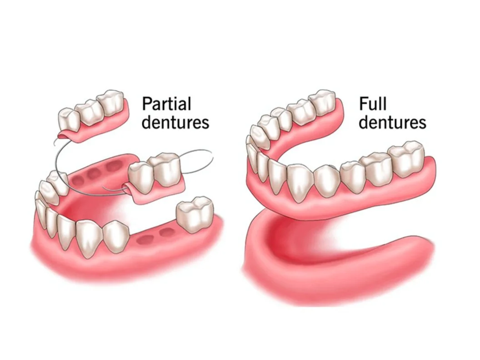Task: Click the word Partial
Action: pos(166,104)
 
